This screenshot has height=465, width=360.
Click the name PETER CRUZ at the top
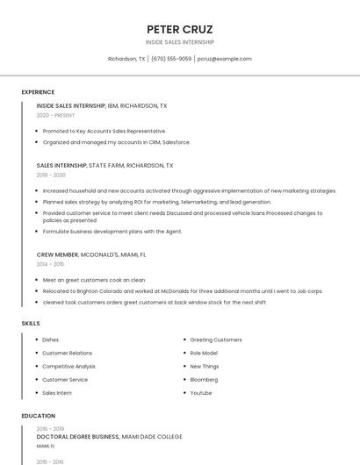coord(180,29)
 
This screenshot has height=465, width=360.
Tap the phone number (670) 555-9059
coord(171,59)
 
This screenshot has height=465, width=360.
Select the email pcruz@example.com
coord(225,59)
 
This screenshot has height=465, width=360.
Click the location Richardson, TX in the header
coord(126,59)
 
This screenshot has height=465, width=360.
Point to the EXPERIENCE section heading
coord(38,92)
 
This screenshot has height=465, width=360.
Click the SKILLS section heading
coord(31,324)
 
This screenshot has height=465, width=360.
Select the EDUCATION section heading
coord(38,416)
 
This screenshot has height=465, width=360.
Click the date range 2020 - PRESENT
coord(55,115)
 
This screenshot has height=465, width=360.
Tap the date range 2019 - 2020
coord(51,175)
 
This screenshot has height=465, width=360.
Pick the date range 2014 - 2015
coord(50,264)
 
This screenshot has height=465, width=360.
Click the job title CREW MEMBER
coord(57,254)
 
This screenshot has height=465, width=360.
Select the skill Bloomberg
coord(204,380)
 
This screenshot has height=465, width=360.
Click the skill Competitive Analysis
coord(68,366)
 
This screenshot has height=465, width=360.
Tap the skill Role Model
coord(204,353)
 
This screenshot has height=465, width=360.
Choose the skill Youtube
coord(201,393)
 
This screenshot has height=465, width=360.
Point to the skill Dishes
coord(50,340)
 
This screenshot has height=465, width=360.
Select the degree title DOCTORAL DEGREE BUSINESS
coord(77,436)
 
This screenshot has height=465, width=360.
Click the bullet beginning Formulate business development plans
coord(112,232)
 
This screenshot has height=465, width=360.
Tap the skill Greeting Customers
coord(216,340)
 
